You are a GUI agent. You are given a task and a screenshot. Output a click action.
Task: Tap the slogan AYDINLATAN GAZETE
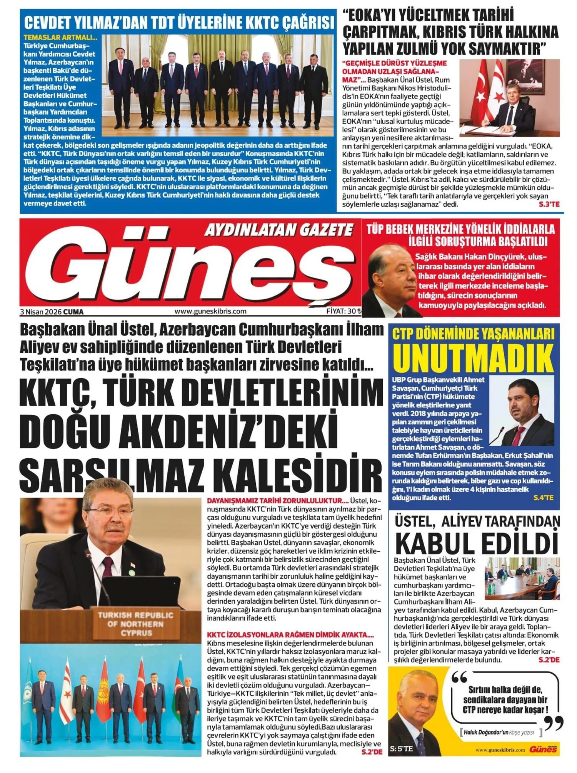pos(278,230)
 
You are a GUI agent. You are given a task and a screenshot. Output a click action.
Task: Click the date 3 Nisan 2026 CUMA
pos(52,312)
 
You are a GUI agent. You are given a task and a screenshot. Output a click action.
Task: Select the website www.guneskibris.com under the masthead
pos(210,311)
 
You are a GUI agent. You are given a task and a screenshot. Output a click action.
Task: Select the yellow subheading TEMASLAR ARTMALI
pos(60,38)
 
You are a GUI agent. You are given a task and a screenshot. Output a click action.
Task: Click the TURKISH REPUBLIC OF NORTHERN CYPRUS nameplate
pos(136,624)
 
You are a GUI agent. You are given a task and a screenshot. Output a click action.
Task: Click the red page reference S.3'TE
pos(549,204)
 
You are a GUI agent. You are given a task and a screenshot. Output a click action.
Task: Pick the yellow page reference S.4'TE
pos(543,498)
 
